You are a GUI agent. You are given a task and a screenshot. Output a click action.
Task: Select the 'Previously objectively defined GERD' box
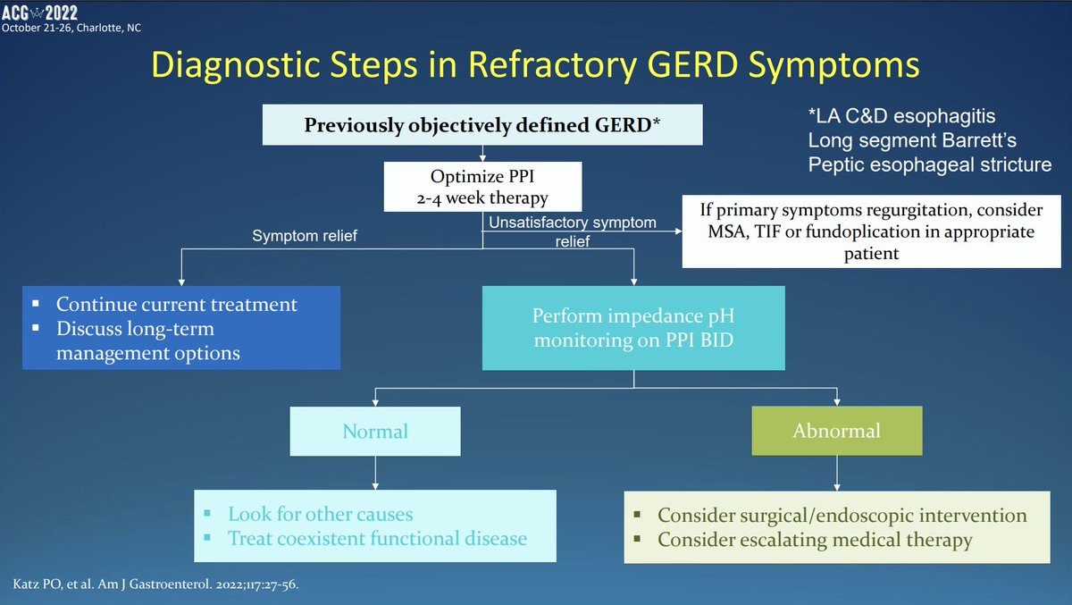pos(482,124)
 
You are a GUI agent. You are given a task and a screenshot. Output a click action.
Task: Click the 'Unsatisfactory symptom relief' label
pos(572,231)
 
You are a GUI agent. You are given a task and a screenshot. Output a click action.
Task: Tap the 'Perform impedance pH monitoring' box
pos(633,328)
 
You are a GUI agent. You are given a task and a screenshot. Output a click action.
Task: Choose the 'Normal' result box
pos(375,432)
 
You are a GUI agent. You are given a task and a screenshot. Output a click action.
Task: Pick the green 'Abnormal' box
pos(836,432)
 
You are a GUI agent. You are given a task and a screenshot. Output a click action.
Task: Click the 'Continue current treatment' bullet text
pos(177,305)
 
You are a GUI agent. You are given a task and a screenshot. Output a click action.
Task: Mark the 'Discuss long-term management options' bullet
pos(147,340)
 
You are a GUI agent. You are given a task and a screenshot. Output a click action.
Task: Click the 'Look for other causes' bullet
pos(321,515)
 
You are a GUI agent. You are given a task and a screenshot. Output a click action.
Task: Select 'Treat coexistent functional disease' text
pos(377,539)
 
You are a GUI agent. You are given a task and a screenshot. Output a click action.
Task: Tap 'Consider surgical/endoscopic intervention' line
pos(842,517)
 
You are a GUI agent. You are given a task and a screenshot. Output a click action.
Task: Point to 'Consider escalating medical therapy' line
pos(814,540)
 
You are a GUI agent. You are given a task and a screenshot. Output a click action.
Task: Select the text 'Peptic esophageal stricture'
pos(929,164)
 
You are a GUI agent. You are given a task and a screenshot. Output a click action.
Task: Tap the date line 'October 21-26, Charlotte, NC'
pos(71,27)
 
